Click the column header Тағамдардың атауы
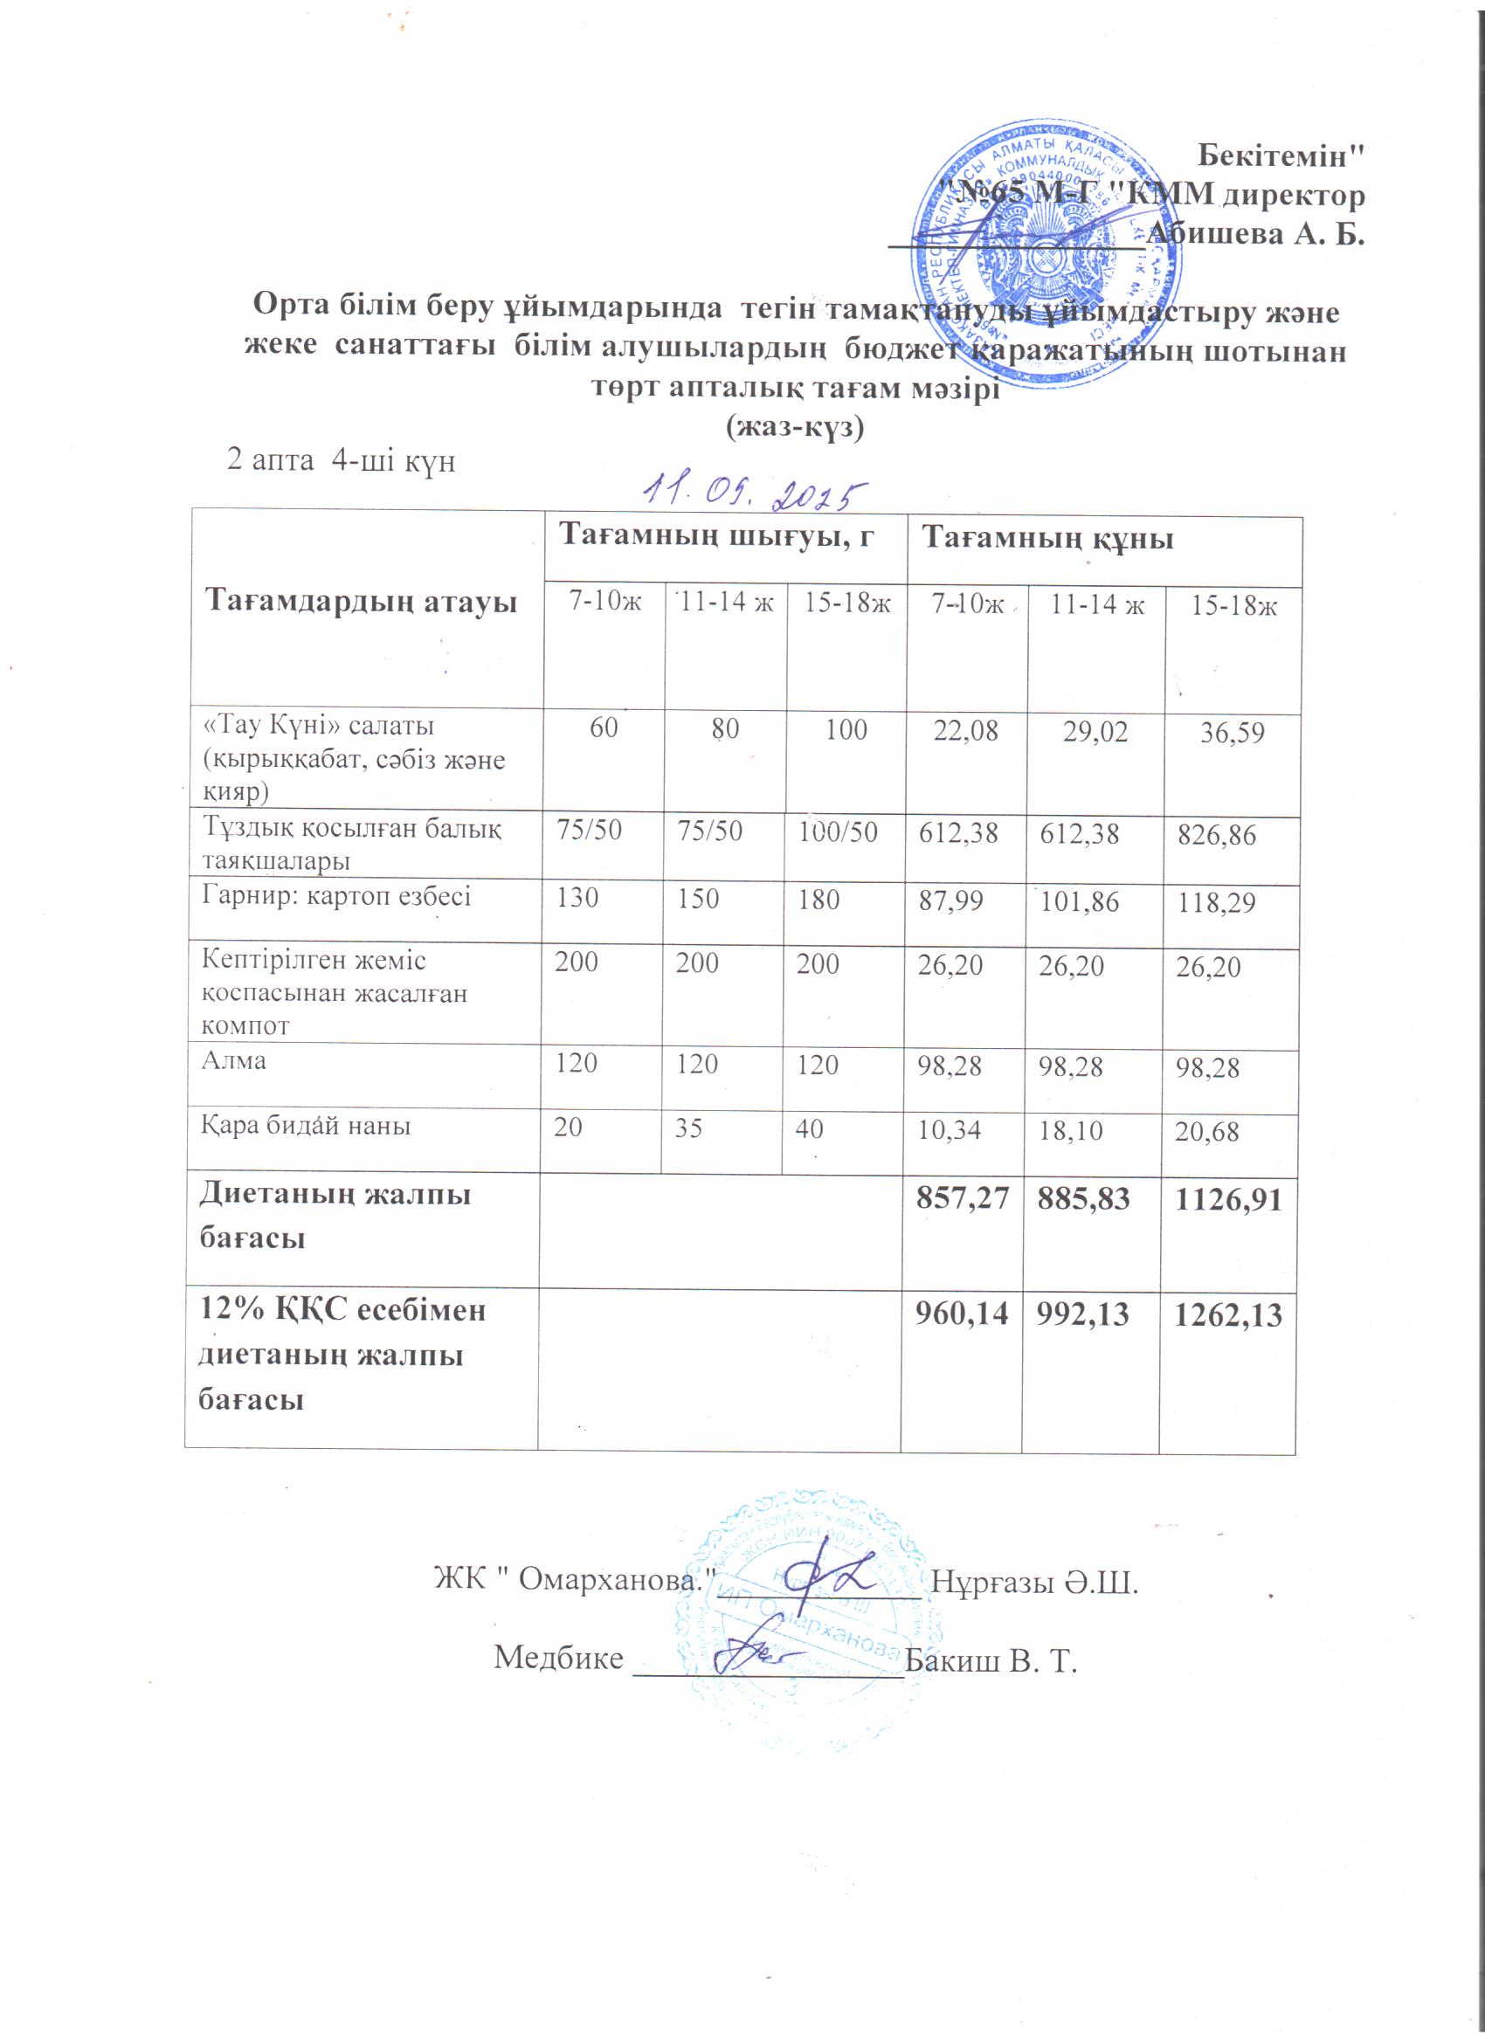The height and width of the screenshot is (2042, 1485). [x=362, y=601]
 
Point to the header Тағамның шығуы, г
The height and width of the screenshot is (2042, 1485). [x=718, y=539]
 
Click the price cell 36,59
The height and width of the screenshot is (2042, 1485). [x=1232, y=733]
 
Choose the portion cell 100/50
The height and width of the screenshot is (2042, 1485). [x=838, y=831]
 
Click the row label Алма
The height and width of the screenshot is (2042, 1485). [x=233, y=1060]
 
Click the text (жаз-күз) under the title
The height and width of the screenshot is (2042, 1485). [x=794, y=429]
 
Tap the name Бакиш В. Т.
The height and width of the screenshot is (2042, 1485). [x=991, y=1659]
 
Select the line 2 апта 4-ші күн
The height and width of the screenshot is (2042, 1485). [x=341, y=462]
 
